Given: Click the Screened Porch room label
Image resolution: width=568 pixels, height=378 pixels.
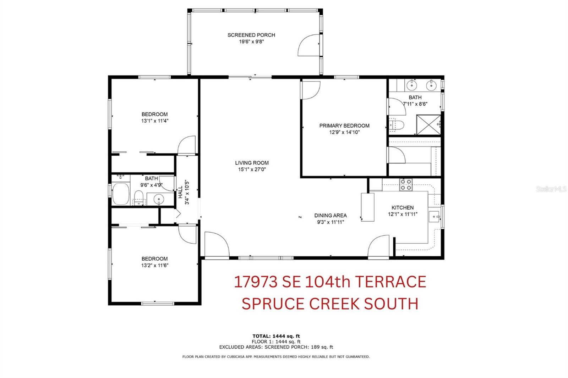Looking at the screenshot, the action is click(251, 35).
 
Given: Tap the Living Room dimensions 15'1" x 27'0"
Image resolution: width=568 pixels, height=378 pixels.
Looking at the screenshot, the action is click(252, 169).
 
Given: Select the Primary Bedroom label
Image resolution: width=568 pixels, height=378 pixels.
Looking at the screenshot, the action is click(344, 126).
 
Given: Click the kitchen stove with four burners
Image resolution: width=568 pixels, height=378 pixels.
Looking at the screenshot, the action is click(406, 185).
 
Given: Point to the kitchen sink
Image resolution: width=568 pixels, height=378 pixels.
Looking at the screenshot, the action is click(434, 217).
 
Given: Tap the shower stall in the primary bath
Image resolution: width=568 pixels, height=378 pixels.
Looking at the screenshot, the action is click(428, 125).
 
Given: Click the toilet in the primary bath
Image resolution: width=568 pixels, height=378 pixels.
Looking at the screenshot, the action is click(396, 125).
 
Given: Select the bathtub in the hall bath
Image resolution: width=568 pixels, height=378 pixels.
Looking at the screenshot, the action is click(121, 194).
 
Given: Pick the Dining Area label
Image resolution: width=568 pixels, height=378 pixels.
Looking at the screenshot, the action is click(331, 216).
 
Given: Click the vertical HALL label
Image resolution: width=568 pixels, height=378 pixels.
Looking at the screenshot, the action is click(181, 192).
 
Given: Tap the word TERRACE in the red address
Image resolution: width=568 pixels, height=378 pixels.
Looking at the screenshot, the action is click(390, 282).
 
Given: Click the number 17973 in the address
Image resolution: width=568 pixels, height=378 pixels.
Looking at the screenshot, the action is click(256, 282).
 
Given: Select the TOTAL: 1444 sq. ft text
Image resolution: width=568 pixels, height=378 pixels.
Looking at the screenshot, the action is click(276, 336).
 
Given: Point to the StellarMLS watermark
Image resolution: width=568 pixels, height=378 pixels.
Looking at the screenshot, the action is click(551, 189).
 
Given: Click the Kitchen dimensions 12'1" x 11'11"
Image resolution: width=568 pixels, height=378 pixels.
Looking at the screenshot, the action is click(403, 214).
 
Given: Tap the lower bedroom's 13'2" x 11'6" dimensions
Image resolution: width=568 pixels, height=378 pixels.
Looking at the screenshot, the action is click(155, 265).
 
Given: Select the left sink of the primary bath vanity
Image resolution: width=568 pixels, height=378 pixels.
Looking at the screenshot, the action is click(411, 85).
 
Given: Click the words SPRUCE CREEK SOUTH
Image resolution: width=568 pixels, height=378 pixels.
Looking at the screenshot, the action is click(330, 304).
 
